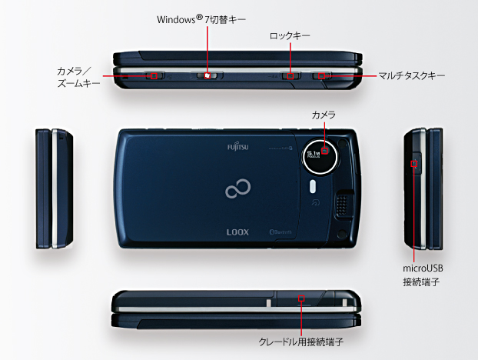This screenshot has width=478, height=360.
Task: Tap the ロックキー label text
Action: (x=290, y=35)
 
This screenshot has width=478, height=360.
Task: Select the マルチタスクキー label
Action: (x=411, y=76)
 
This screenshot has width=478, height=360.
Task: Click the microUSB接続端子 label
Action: (x=423, y=275)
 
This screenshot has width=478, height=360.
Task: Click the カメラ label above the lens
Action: (x=324, y=115)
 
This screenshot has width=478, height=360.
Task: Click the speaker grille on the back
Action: (x=343, y=203)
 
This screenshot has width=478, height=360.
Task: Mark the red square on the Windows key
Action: (x=207, y=75)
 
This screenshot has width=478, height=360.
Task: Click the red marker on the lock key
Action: (x=291, y=75)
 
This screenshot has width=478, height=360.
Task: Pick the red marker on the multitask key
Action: (x=322, y=75)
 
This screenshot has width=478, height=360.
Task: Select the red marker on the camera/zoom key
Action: (x=154, y=75)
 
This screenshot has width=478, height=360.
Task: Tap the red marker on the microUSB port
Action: (x=416, y=164)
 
